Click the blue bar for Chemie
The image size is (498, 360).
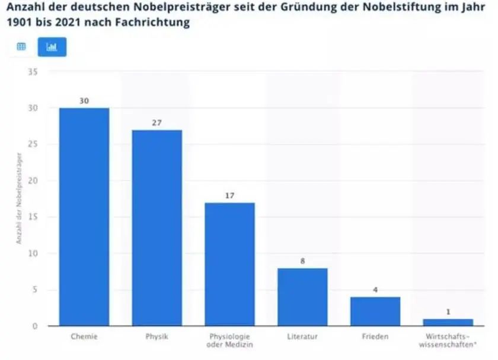pos(84,216)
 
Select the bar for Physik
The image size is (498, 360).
pos(157,228)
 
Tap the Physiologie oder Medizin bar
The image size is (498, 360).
pos(229,264)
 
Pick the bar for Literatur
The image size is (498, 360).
pos(302,297)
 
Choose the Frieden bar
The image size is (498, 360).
pos(375,311)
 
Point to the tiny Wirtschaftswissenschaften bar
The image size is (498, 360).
pos(448,323)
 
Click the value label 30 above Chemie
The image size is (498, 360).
pos(84,101)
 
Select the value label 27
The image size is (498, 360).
pos(157,123)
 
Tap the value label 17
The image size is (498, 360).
pos(230,195)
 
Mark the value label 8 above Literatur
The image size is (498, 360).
pos(302,260)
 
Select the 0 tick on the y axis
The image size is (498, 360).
pos(35,326)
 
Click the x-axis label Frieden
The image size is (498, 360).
pos(375,337)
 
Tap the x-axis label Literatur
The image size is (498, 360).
pos(302,337)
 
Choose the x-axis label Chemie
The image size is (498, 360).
pos(84,337)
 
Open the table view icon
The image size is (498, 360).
pos(21,47)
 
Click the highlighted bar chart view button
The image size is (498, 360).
pos(52,47)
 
